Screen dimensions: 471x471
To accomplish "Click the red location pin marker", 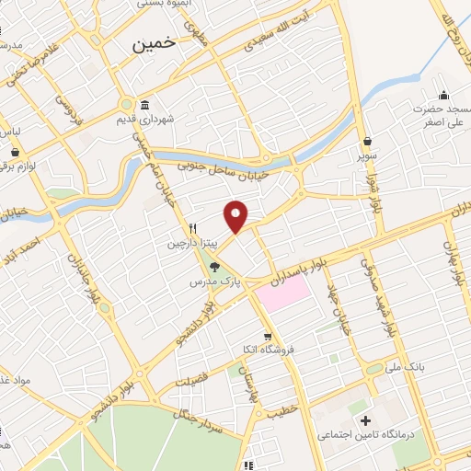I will click(x=236, y=216).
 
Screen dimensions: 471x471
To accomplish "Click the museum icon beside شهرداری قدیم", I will click(x=144, y=104).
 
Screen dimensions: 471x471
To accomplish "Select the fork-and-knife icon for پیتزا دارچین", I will click(x=193, y=228).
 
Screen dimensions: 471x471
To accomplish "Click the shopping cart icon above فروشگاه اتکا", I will click(x=268, y=337).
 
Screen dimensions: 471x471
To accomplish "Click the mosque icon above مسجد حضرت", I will click(x=444, y=94).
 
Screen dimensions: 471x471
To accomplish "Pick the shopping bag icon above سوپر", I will click(x=369, y=142).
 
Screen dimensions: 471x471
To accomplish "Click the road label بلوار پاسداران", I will click(x=300, y=267).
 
